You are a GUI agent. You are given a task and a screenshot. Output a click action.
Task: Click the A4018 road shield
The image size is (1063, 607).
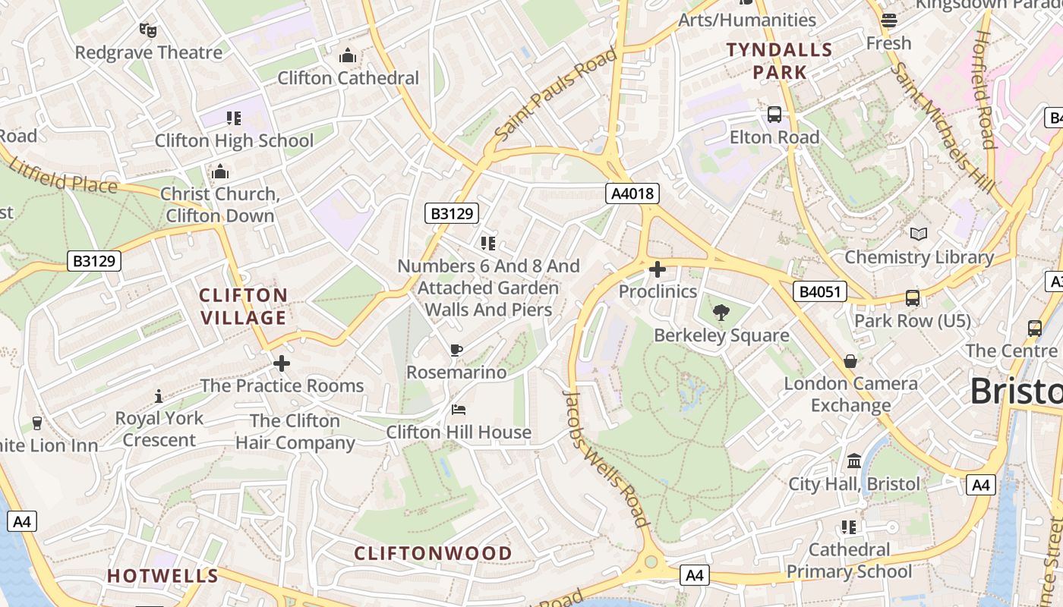click(632, 193)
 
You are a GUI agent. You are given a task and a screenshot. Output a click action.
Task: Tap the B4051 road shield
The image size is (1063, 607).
click(820, 291)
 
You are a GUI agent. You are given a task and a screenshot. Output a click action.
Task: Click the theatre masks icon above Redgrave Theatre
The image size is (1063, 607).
click(147, 30)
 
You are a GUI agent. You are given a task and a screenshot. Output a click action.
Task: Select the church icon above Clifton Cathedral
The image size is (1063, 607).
click(348, 55)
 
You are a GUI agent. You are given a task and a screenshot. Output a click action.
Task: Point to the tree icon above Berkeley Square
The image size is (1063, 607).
click(721, 312)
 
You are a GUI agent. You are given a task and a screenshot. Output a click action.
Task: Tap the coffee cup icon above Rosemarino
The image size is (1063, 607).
click(456, 350)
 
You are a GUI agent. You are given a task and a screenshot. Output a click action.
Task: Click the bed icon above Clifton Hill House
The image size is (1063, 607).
click(459, 410)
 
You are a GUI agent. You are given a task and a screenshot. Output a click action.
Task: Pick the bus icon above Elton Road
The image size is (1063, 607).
click(774, 115)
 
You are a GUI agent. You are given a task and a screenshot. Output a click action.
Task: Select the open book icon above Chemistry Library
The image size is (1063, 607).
click(919, 234)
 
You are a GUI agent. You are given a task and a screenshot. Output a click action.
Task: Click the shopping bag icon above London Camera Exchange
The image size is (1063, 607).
click(850, 361)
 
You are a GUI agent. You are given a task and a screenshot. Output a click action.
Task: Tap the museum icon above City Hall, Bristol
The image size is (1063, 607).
click(854, 461)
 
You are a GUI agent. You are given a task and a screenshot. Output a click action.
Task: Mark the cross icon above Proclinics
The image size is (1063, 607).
click(658, 269)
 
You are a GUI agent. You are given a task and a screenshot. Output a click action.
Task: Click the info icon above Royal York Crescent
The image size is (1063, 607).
click(159, 395)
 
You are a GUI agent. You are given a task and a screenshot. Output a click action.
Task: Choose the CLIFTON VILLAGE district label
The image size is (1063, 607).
click(243, 306)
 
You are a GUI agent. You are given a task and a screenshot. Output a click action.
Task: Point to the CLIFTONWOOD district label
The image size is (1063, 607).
click(433, 553)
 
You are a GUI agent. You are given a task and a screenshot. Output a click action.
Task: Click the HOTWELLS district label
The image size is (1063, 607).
click(162, 576)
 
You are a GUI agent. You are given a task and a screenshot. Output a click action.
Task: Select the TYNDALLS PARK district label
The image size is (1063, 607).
click(779, 61)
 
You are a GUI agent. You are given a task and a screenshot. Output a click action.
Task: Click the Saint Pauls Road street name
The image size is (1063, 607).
click(556, 94)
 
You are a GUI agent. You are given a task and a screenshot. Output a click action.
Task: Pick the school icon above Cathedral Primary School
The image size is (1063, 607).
click(849, 527)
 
